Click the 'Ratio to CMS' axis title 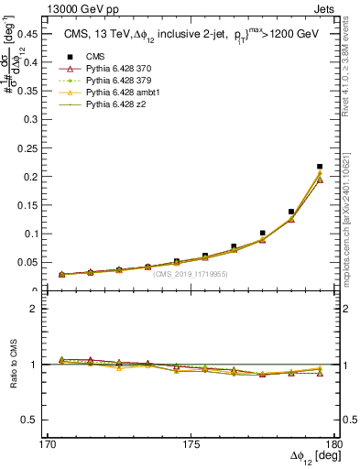[x=12, y=365]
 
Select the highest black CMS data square [x=320, y=167]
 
